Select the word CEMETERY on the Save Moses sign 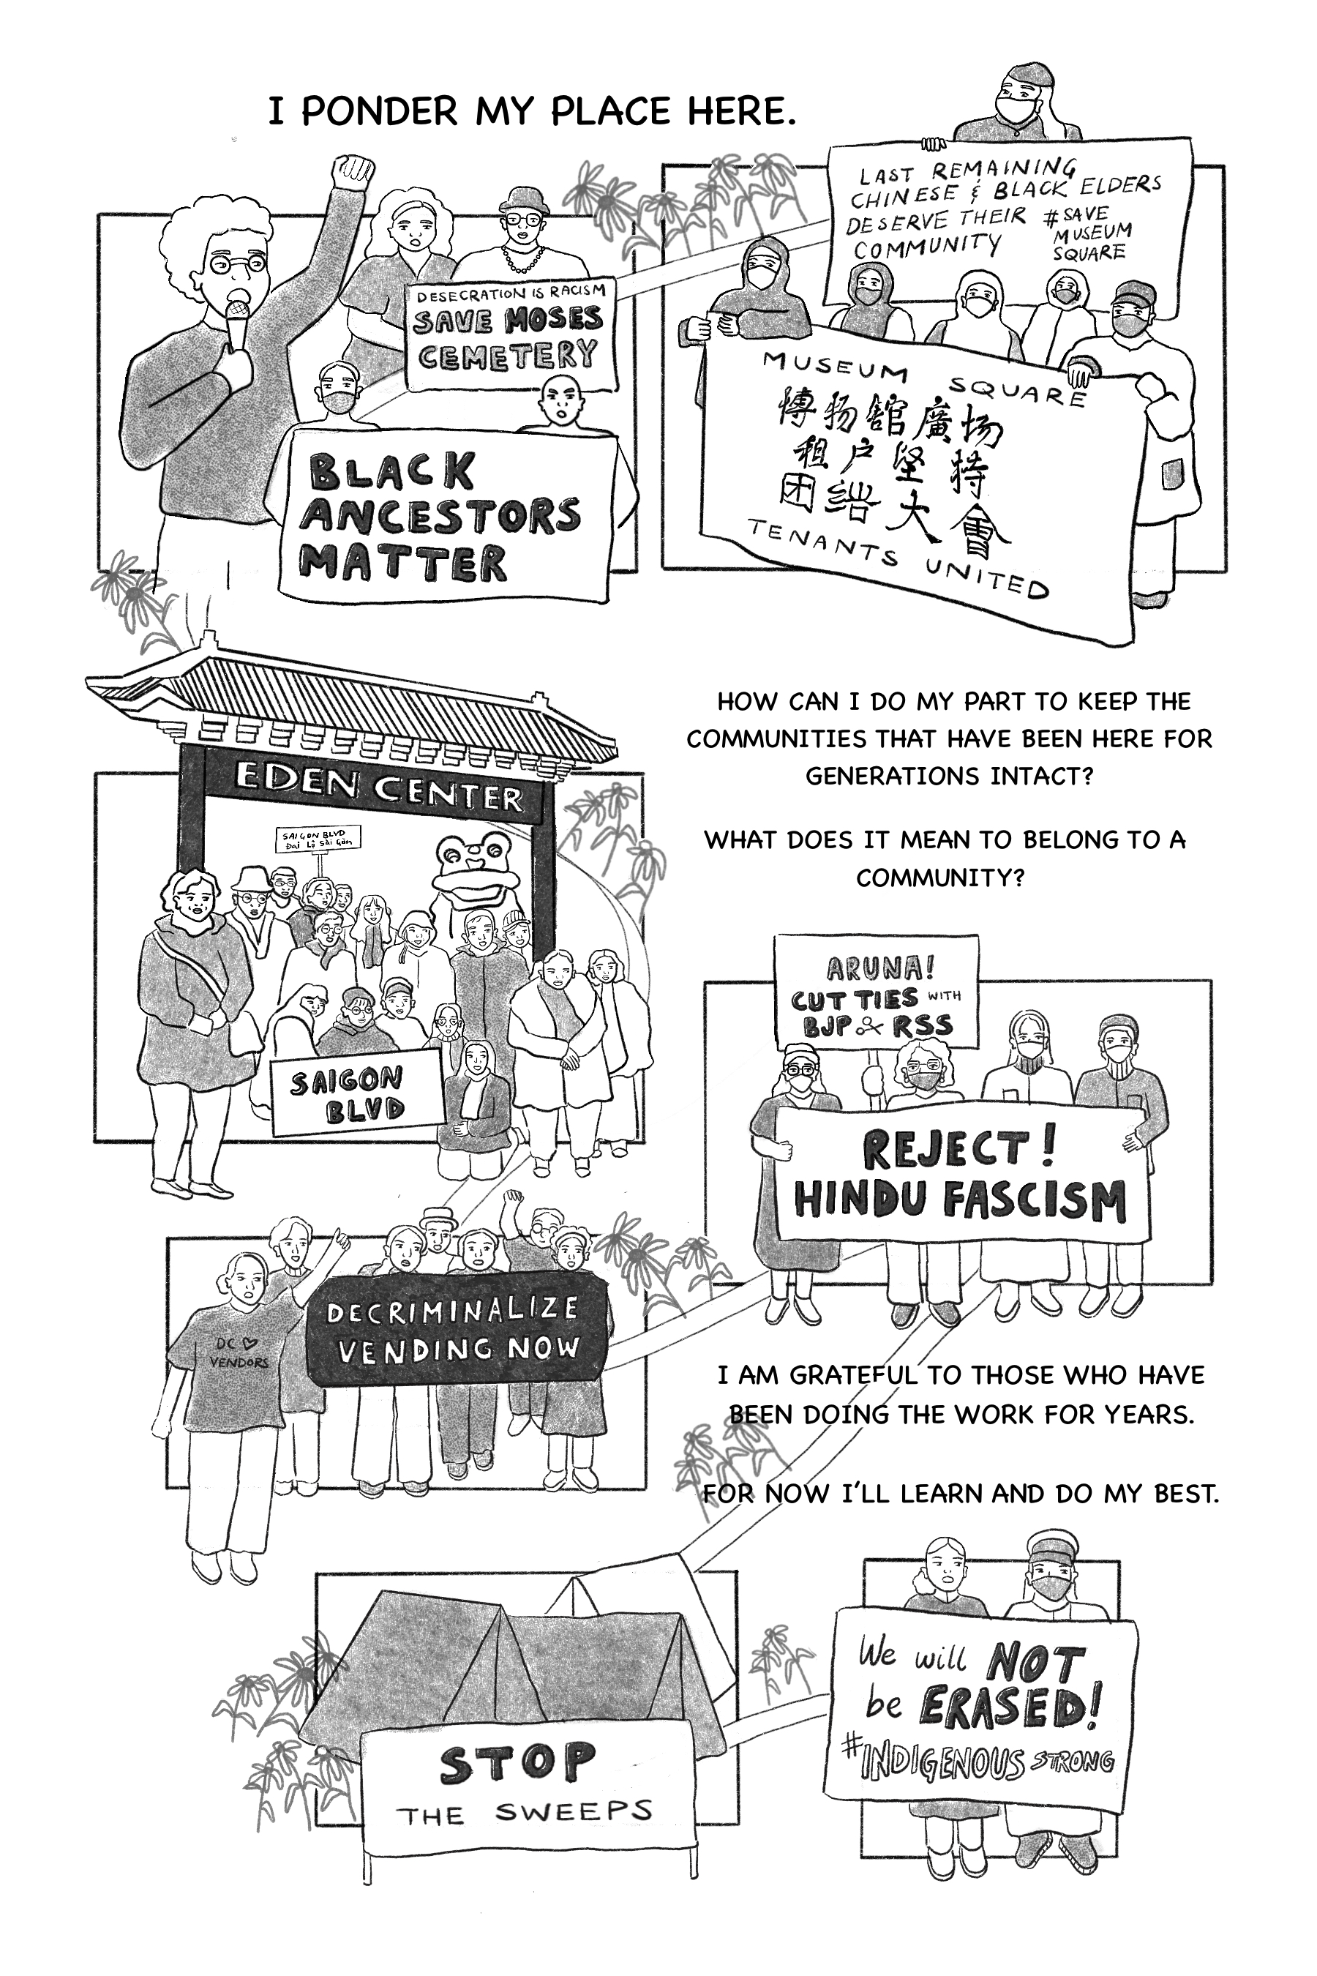[507, 356]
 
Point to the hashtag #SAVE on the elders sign [1076, 215]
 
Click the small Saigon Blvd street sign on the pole [320, 839]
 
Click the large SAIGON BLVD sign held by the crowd [356, 1091]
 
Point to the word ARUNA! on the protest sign [879, 969]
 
